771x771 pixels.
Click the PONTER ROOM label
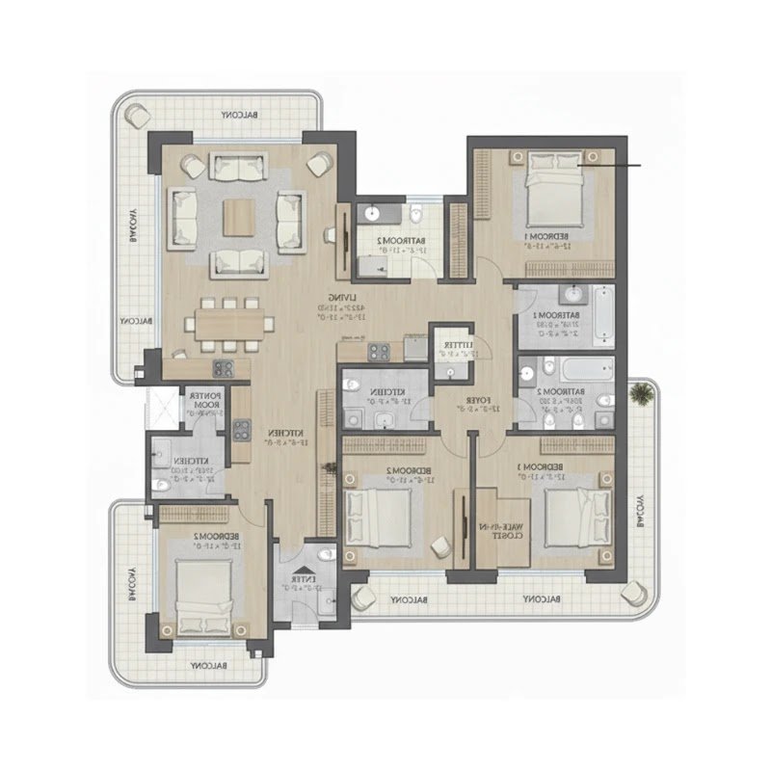pos(206,399)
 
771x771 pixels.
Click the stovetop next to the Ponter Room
pos(222,367)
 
